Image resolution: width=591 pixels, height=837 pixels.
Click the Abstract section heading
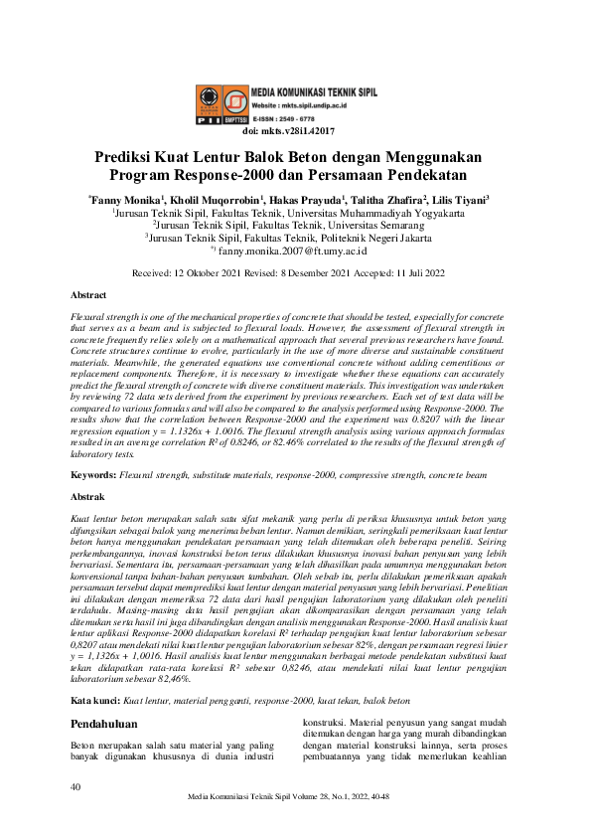88,295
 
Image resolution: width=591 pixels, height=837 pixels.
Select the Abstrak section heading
87,495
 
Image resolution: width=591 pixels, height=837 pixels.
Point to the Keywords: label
92,476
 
